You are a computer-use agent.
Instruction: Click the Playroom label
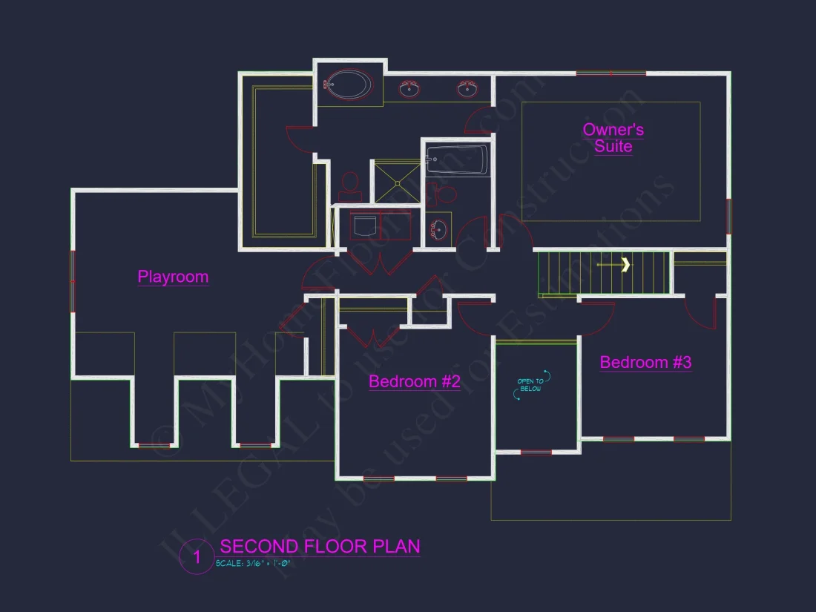click(173, 277)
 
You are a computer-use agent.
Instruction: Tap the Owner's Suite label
click(613, 138)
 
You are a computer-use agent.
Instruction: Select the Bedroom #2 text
click(415, 381)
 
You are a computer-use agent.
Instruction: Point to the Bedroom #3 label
click(645, 362)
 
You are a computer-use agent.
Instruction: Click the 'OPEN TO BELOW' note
click(530, 385)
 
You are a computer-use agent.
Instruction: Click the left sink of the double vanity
click(409, 89)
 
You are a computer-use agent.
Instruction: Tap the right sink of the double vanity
click(467, 89)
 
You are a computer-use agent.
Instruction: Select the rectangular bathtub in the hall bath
click(457, 160)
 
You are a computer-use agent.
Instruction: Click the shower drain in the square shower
click(397, 182)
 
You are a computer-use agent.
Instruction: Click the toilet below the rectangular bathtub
click(444, 194)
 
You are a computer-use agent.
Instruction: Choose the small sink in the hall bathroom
click(438, 228)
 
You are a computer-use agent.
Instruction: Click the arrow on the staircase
click(625, 264)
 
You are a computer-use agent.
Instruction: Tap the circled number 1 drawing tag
click(197, 558)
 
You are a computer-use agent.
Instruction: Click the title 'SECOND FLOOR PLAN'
click(320, 547)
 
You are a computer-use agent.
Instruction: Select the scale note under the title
click(252, 564)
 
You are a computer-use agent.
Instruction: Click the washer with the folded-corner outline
click(364, 226)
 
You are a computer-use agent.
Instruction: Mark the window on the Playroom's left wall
click(73, 281)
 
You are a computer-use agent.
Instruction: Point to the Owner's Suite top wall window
click(611, 73)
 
